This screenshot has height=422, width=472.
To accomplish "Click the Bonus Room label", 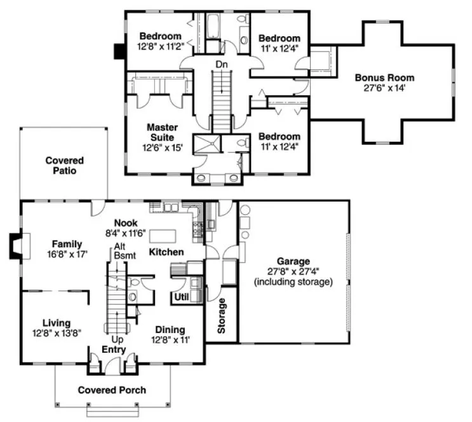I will click(x=384, y=78).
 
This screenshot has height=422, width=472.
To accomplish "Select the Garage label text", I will click(x=293, y=261).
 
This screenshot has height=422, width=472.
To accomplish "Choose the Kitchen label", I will click(x=166, y=252).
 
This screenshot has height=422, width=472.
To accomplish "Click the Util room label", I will click(x=181, y=296).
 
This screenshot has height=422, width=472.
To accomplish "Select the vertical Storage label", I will click(x=222, y=316).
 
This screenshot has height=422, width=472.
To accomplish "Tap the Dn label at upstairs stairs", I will click(x=220, y=64).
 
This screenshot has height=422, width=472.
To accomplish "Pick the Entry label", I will click(x=114, y=350).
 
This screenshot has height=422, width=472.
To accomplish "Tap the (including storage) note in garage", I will click(x=293, y=281).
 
